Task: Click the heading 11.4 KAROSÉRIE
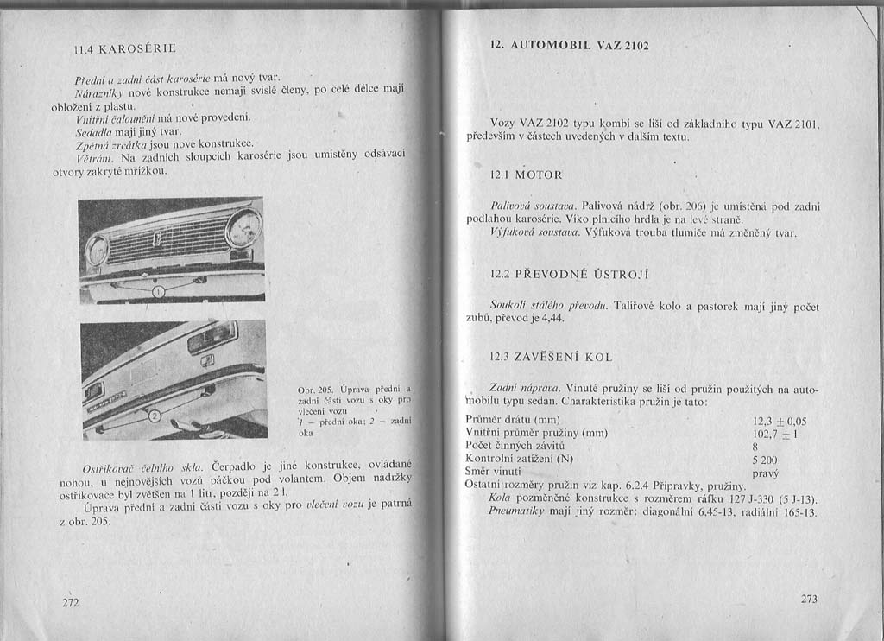125,49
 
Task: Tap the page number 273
809,599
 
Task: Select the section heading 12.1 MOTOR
526,175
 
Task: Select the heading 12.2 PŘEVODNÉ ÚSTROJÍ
570,275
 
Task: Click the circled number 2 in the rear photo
155,418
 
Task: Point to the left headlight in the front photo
98,251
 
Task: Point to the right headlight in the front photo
244,228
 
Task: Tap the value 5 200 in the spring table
765,460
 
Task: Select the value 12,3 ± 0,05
780,421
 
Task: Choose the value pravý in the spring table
765,473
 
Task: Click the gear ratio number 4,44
549,319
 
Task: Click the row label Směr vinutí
493,471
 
